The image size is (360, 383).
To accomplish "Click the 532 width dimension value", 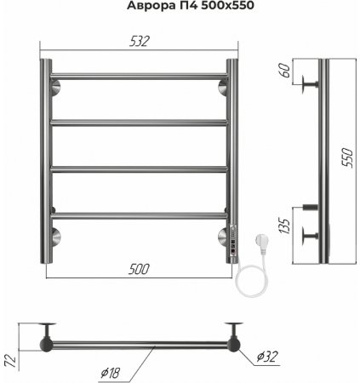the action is pyautogui.click(x=139, y=42).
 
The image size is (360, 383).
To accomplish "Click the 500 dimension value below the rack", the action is pyautogui.click(x=139, y=269).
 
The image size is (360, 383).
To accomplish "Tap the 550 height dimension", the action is pyautogui.click(x=347, y=157).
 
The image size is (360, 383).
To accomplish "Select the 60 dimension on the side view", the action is pyautogui.click(x=285, y=71).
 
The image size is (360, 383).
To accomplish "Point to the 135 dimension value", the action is pyautogui.click(x=285, y=226).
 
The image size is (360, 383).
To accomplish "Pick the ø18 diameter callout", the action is pyautogui.click(x=111, y=373).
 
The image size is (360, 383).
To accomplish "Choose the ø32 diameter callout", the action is pyautogui.click(x=267, y=357).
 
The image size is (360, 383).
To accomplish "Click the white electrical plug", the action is pyautogui.click(x=261, y=243).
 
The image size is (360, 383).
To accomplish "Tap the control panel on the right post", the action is pyautogui.click(x=233, y=241).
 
